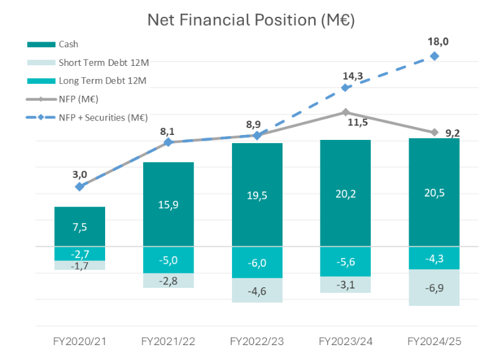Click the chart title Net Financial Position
(x=251, y=20)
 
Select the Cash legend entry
(x=68, y=45)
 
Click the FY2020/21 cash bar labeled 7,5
(x=80, y=226)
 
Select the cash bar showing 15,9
(x=168, y=204)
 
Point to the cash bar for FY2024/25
(x=434, y=192)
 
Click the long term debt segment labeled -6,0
(x=257, y=262)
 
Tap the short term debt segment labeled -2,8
(x=168, y=280)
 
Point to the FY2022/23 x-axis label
(x=257, y=341)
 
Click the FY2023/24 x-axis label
(x=345, y=341)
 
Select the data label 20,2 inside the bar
(x=345, y=194)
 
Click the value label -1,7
(x=80, y=266)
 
